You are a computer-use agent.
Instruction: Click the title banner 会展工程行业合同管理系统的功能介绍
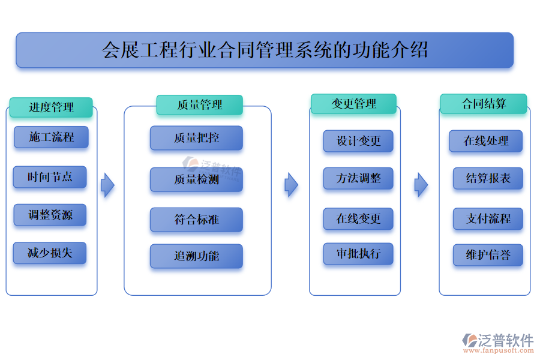pyautogui.click(x=265, y=50)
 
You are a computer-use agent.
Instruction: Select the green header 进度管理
pyautogui.click(x=51, y=107)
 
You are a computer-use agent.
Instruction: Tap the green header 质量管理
pyautogui.click(x=199, y=105)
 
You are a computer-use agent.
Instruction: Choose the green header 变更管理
pyautogui.click(x=353, y=104)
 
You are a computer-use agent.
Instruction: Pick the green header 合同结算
pyautogui.click(x=484, y=104)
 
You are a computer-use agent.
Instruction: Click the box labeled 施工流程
pyautogui.click(x=51, y=137)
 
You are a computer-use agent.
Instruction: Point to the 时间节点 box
pyautogui.click(x=50, y=177)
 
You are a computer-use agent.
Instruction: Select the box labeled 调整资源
pyautogui.click(x=50, y=215)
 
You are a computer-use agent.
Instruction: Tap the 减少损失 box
pyautogui.click(x=50, y=253)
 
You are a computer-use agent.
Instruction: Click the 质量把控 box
pyautogui.click(x=196, y=138)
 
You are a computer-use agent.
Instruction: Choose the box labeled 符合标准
pyautogui.click(x=196, y=220)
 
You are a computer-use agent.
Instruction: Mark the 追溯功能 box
pyautogui.click(x=196, y=256)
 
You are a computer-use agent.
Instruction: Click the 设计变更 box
pyautogui.click(x=358, y=141)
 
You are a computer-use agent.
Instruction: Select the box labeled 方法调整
pyautogui.click(x=358, y=178)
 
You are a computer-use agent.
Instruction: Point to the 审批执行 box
pyautogui.click(x=358, y=253)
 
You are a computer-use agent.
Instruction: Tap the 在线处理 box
pyautogui.click(x=485, y=141)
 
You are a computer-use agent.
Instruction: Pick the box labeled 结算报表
pyautogui.click(x=488, y=178)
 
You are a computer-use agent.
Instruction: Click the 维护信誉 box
pyautogui.click(x=488, y=255)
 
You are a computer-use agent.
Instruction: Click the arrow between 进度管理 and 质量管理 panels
pyautogui.click(x=107, y=185)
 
